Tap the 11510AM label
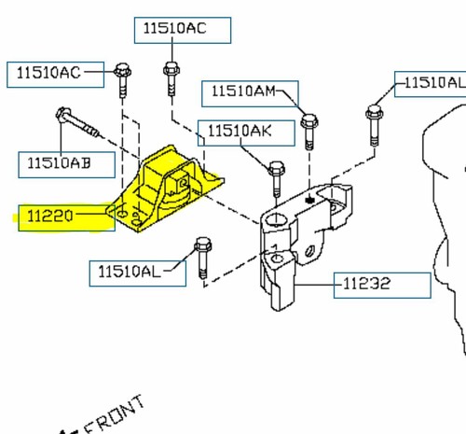pyautogui.click(x=242, y=91)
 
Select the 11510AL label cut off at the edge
pyautogui.click(x=430, y=84)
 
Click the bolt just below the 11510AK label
pyautogui.click(x=276, y=176)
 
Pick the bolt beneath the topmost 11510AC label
pyautogui.click(x=170, y=78)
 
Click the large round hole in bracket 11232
pyautogui.click(x=275, y=222)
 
